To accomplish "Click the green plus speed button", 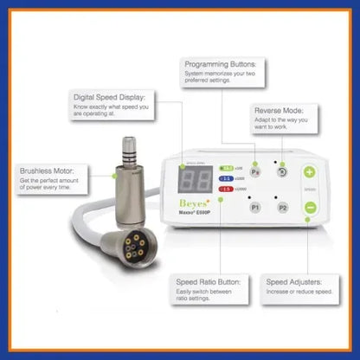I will [x=309, y=172].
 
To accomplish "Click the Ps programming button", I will [x=254, y=172].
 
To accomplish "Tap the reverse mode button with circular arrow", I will [x=282, y=172].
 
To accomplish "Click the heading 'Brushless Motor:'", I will [x=47, y=171].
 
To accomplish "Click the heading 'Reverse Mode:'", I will [x=278, y=112].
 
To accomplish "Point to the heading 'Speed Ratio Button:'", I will [x=208, y=282].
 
